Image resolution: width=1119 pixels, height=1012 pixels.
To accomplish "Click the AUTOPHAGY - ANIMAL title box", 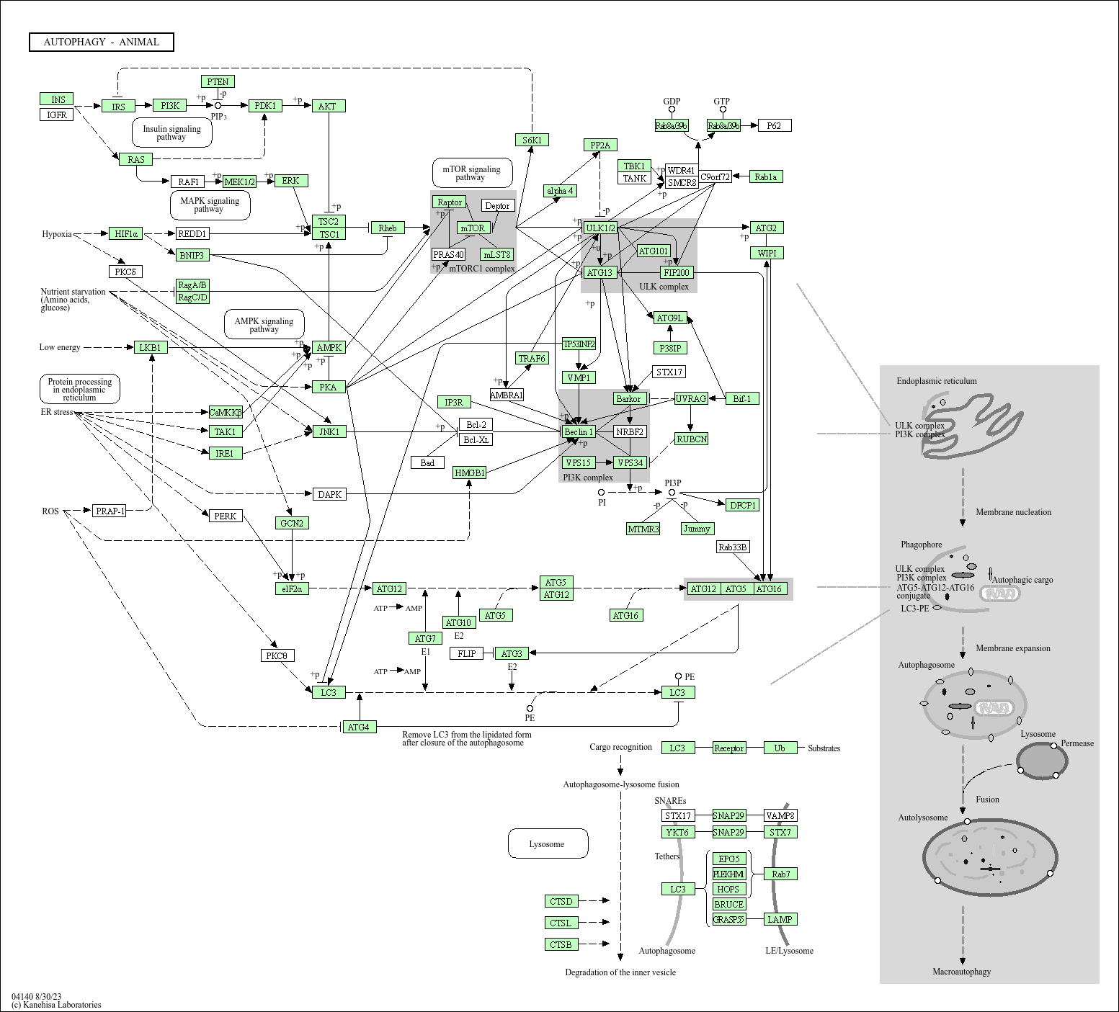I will (x=102, y=42).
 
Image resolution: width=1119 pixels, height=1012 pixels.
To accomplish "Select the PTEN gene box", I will (x=218, y=82).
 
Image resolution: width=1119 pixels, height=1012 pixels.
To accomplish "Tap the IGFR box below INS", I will (x=57, y=115).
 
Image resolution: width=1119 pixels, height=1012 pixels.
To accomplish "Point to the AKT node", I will (x=329, y=106).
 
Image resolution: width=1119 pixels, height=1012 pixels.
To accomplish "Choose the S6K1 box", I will (x=532, y=140).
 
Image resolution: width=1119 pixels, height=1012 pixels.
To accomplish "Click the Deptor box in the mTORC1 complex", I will (x=497, y=206).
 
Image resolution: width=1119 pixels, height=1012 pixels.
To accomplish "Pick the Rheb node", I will (x=388, y=228).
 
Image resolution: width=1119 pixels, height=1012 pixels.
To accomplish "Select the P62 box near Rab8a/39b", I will (x=774, y=126).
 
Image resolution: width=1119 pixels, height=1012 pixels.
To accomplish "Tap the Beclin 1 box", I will (x=579, y=431).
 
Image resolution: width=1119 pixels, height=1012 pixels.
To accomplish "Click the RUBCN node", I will (x=692, y=439).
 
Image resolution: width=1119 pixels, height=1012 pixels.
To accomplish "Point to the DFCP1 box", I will (x=742, y=505).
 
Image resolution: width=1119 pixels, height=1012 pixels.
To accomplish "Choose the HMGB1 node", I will (x=470, y=473).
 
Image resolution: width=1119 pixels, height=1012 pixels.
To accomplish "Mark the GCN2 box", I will (x=292, y=523).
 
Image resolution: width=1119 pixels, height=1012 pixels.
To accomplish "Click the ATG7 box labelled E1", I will (x=425, y=638).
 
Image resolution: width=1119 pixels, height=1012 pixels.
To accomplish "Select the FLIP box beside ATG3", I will (x=467, y=653).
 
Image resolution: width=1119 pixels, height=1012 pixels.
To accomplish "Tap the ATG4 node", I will (x=358, y=727).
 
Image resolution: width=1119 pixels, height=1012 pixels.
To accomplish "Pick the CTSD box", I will (x=561, y=901).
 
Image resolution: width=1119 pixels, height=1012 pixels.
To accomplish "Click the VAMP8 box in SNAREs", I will (x=780, y=815).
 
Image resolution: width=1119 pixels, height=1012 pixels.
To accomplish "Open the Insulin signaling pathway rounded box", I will (x=171, y=133).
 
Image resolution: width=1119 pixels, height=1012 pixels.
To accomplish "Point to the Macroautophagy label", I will (x=961, y=972).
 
